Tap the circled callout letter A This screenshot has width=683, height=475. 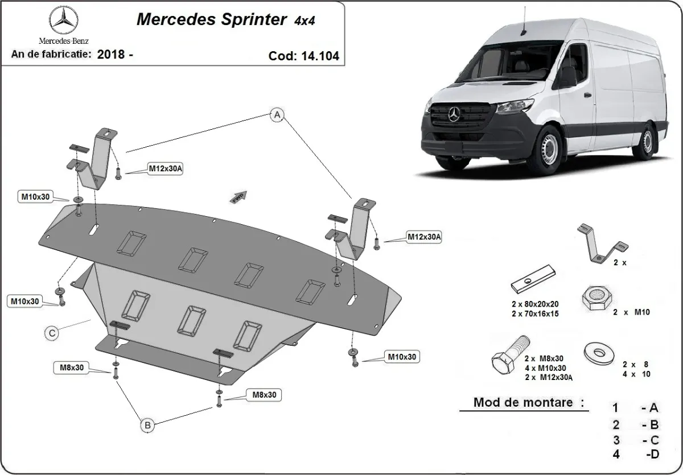[x=277, y=115]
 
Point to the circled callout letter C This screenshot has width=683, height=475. [x=52, y=334]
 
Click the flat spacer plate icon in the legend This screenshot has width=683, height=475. [x=533, y=279]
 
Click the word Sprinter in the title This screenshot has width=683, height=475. [x=250, y=19]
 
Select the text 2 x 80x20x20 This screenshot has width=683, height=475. [x=534, y=303]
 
